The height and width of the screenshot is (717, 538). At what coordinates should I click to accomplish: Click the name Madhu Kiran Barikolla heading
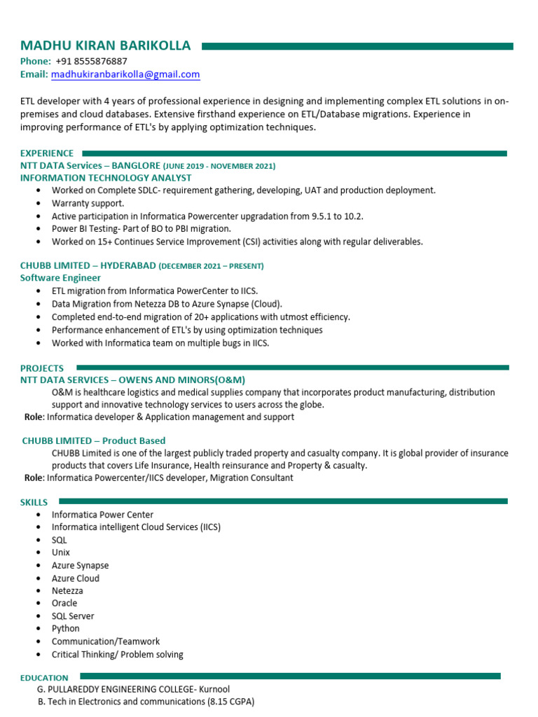coord(105,46)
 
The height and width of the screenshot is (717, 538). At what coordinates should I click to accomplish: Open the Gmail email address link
coord(125,74)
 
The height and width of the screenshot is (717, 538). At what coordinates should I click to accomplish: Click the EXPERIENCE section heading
coord(47,153)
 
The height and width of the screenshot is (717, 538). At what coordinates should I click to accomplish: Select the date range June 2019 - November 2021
coord(220,166)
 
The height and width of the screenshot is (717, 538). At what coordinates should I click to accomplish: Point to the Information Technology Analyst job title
coord(106,178)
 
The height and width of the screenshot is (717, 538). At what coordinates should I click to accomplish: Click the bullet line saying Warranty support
coord(88,203)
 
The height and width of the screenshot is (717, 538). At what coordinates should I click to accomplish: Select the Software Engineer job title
coord(61,278)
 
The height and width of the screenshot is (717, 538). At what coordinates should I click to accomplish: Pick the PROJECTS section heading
coord(42,368)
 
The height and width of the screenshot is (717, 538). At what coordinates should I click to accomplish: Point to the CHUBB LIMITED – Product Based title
coord(94,440)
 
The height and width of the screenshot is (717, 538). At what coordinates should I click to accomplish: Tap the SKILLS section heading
coord(34,502)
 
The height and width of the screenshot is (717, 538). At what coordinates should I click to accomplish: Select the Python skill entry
coord(66,629)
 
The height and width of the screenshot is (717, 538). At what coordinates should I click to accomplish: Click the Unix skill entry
coord(61,552)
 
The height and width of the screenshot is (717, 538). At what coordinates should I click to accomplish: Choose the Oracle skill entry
coord(64,603)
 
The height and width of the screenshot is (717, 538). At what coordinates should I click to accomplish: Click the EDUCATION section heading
coord(44,678)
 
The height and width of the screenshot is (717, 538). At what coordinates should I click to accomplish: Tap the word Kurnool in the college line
coord(214,689)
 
